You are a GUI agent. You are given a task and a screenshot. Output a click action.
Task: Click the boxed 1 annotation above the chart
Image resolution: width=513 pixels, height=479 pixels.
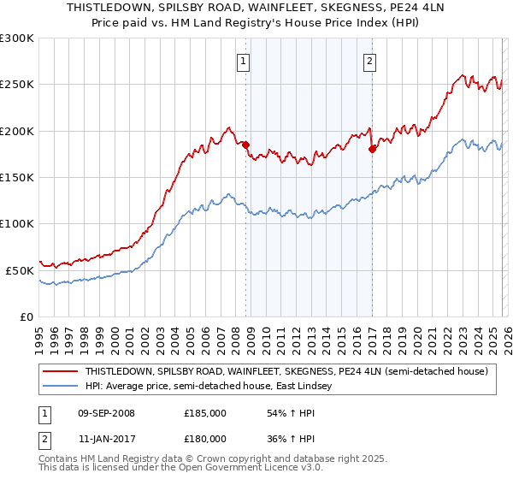(x=245, y=61)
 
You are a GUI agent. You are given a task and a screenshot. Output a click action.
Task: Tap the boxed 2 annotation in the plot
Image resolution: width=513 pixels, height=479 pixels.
(x=369, y=61)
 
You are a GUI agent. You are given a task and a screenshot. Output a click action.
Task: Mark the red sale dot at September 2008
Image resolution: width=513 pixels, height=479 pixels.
(x=245, y=145)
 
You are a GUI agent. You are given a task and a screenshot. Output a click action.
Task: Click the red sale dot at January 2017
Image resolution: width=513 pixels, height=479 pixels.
(x=372, y=150)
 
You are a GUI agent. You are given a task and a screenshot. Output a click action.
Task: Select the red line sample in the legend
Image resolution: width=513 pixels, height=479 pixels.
(x=60, y=372)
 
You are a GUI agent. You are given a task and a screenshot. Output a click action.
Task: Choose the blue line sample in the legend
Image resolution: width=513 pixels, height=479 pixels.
(x=60, y=387)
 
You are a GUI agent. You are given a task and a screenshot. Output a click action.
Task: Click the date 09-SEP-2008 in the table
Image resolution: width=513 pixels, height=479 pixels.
(x=106, y=413)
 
